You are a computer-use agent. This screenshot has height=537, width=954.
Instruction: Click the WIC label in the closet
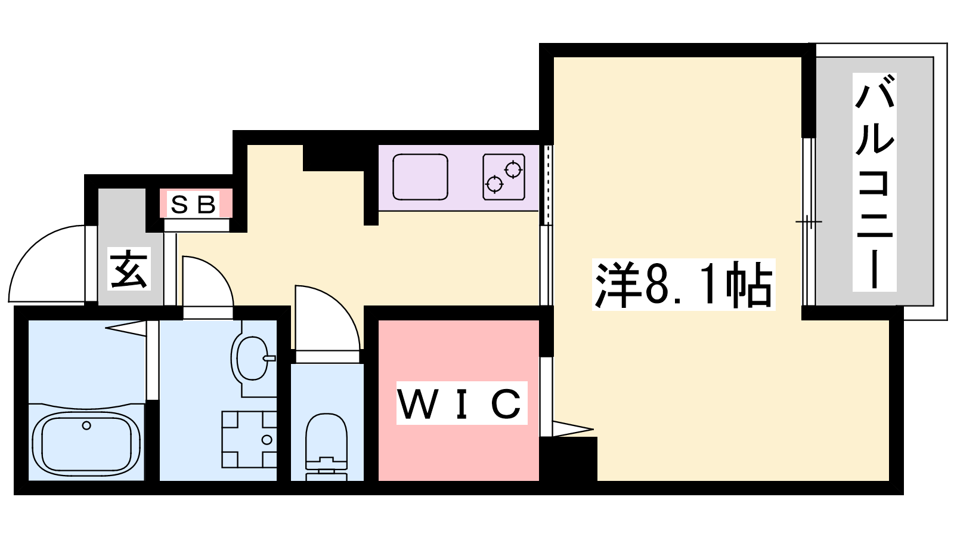(461, 403)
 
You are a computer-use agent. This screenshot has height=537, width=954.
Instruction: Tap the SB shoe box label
(193, 205)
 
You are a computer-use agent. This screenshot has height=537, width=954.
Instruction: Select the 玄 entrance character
(129, 268)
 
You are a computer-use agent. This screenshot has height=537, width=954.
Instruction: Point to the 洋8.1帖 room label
(683, 284)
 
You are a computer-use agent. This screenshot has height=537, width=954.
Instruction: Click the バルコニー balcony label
(874, 182)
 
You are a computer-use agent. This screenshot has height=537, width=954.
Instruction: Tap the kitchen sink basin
(420, 177)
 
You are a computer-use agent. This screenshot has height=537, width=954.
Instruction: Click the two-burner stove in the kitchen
(503, 177)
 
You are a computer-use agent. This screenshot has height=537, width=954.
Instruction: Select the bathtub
(86, 444)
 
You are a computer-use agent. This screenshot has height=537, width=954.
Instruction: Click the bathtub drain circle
(86, 425)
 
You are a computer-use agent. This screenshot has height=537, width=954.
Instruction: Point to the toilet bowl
(326, 435)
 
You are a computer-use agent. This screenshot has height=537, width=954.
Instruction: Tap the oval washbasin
(252, 358)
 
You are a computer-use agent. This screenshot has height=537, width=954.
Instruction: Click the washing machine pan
(249, 439)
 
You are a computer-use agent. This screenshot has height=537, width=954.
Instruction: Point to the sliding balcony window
(809, 221)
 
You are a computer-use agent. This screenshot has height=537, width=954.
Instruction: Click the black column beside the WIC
(569, 459)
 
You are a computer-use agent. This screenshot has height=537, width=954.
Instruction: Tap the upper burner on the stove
(513, 170)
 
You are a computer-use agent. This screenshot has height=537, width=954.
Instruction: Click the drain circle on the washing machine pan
(267, 440)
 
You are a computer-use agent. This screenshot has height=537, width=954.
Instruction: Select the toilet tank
(326, 469)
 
